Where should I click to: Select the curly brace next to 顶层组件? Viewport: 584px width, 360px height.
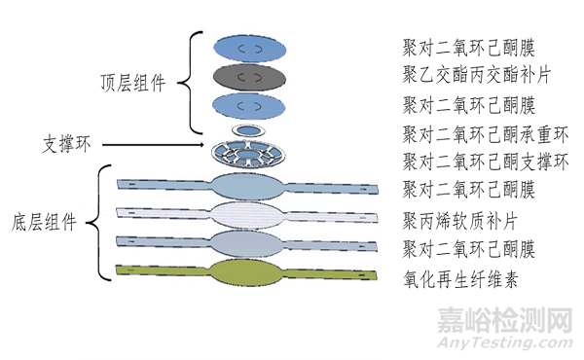coord(195,83)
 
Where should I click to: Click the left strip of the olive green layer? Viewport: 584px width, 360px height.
coord(161,270)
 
